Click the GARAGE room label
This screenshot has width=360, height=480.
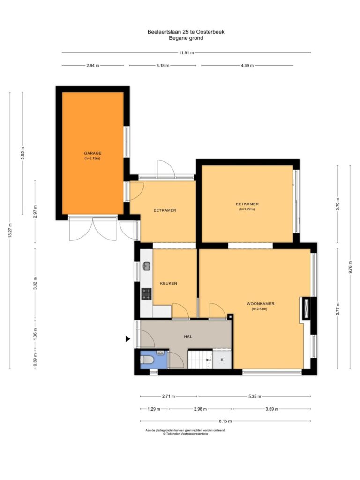point(93,153)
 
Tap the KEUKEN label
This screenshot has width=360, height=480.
point(168,283)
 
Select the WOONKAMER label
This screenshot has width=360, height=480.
point(261,304)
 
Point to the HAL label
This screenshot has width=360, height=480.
point(188,336)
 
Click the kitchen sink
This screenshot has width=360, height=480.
point(147,266)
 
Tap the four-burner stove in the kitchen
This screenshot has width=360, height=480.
point(146,294)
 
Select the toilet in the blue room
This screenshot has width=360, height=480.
point(147,360)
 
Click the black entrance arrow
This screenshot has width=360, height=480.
point(128,338)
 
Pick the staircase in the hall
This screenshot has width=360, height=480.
point(200,359)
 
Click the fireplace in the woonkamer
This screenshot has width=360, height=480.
point(306,308)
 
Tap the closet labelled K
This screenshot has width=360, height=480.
point(222,360)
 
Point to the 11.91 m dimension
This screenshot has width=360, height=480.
point(186,52)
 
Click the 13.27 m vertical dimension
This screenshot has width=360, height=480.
point(10,231)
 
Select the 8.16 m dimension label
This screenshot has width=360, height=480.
point(225,421)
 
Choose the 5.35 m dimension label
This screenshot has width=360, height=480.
point(255,396)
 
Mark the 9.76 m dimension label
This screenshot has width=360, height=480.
point(350,267)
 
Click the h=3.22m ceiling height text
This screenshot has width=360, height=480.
point(247,210)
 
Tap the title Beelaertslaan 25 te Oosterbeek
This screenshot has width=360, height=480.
point(186,32)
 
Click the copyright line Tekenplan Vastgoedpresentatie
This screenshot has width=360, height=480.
point(185,434)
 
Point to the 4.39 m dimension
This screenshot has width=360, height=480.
point(247,65)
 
